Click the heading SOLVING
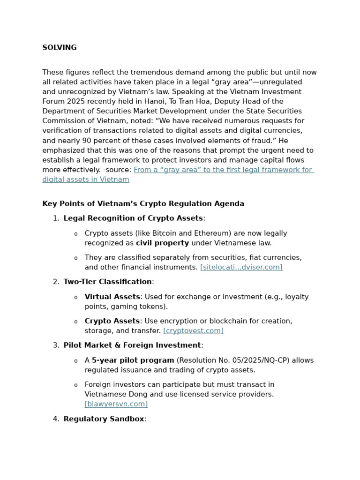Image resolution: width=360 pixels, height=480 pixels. pyautogui.click(x=60, y=48)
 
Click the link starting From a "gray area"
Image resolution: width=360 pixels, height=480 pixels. pyautogui.click(x=223, y=170)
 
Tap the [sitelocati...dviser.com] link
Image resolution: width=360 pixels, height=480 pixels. pyautogui.click(x=241, y=267)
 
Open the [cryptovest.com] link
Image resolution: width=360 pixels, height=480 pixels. pyautogui.click(x=193, y=331)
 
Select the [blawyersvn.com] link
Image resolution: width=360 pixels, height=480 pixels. pyautogui.click(x=116, y=404)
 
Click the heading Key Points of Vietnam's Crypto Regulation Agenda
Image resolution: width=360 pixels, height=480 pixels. pyautogui.click(x=143, y=204)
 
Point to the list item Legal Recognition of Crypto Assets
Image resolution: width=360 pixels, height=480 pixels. pyautogui.click(x=133, y=218)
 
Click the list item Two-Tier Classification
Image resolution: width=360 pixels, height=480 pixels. pyautogui.click(x=107, y=282)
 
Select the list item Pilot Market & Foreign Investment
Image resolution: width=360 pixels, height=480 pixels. pyautogui.click(x=132, y=345)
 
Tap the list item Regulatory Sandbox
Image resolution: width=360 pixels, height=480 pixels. pyautogui.click(x=104, y=419)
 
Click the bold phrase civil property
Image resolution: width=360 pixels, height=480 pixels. pyautogui.click(x=162, y=243)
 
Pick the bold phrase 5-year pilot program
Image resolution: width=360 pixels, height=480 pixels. pyautogui.click(x=133, y=360)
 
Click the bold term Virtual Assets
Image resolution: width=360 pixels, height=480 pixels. pyautogui.click(x=112, y=297)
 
